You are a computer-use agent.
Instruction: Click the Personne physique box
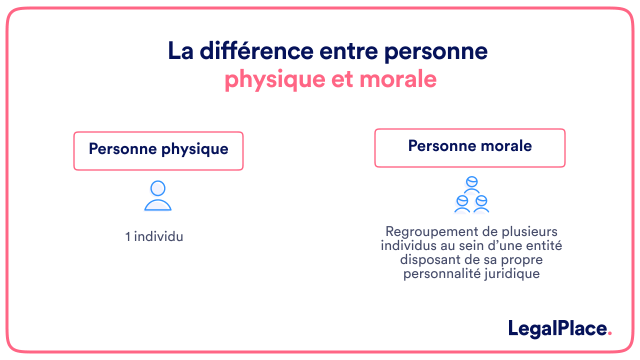[x=158, y=150]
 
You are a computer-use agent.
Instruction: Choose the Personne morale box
[x=470, y=147]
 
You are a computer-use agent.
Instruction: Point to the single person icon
[x=158, y=196]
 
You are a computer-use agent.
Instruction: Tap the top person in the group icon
[x=471, y=184]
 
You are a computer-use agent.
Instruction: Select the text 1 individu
[x=154, y=236]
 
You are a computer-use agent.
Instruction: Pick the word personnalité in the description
[x=439, y=274]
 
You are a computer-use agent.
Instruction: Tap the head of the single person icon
[x=158, y=188]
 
